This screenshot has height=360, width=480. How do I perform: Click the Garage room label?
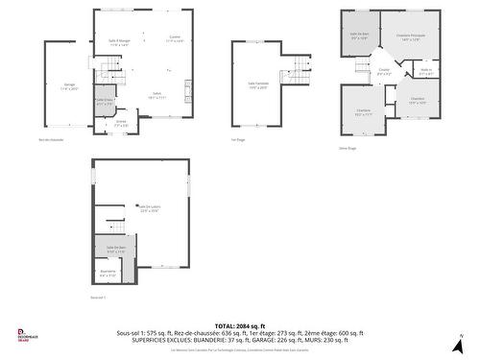(x=69, y=86)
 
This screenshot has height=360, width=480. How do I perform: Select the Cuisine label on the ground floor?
(x=174, y=40)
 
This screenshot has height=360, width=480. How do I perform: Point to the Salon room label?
(x=157, y=96)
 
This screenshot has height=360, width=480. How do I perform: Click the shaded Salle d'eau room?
(x=104, y=102)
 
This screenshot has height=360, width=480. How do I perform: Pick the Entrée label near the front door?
(x=121, y=123)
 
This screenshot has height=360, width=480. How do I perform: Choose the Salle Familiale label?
(x=259, y=84)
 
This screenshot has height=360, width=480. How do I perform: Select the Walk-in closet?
(x=425, y=70)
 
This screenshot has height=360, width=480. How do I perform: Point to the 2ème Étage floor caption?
(x=347, y=149)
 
